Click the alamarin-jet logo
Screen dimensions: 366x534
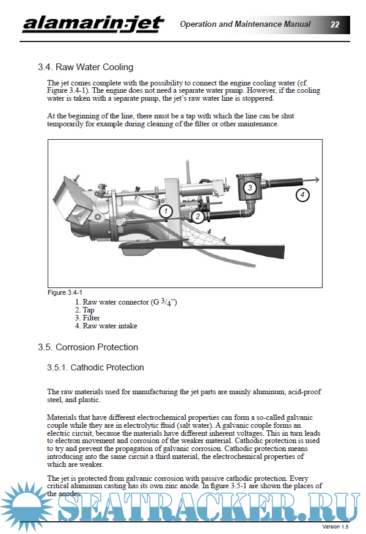[x=93, y=24]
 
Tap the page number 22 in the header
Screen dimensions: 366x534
[x=335, y=24]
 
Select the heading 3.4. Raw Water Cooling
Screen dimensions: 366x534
[x=86, y=67]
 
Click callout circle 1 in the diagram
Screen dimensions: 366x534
[x=166, y=212]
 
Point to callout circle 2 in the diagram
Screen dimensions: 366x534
[x=198, y=217]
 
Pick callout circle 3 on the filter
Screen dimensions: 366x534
[x=250, y=187]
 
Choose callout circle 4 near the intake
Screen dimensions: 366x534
[x=302, y=195]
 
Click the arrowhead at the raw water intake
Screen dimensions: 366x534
[x=317, y=179]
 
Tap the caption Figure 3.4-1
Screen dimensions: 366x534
[x=65, y=292]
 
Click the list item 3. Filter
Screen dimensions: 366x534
[x=87, y=318]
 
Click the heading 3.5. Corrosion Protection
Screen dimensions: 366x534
[x=88, y=347]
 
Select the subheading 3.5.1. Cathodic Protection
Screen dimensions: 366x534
[x=95, y=367]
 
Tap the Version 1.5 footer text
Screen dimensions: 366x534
[x=335, y=527]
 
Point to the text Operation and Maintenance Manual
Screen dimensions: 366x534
[x=245, y=24]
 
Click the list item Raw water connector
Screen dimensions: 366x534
[x=126, y=302]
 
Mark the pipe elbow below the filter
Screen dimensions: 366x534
[x=250, y=209]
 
